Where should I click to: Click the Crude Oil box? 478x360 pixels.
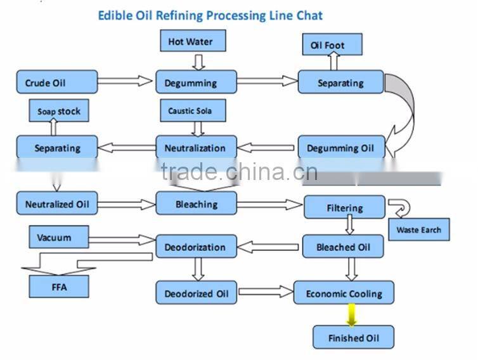tap(56, 82)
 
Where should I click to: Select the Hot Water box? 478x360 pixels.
tap(190, 42)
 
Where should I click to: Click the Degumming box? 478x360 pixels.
tap(196, 82)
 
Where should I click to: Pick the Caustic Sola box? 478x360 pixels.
tap(190, 111)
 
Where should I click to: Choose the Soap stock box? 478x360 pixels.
tap(59, 112)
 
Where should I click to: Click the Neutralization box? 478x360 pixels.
tap(196, 148)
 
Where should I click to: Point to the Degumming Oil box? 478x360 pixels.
tap(340, 148)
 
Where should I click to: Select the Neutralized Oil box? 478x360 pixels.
tap(56, 204)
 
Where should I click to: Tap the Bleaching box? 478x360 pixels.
tap(196, 204)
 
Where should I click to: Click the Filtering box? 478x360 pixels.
tap(344, 207)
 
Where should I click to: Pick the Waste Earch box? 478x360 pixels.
tap(418, 229)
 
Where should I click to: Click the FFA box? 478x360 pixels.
tap(59, 287)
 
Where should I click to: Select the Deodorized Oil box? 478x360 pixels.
tap(196, 293)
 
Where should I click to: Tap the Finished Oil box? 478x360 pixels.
tap(353, 338)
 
